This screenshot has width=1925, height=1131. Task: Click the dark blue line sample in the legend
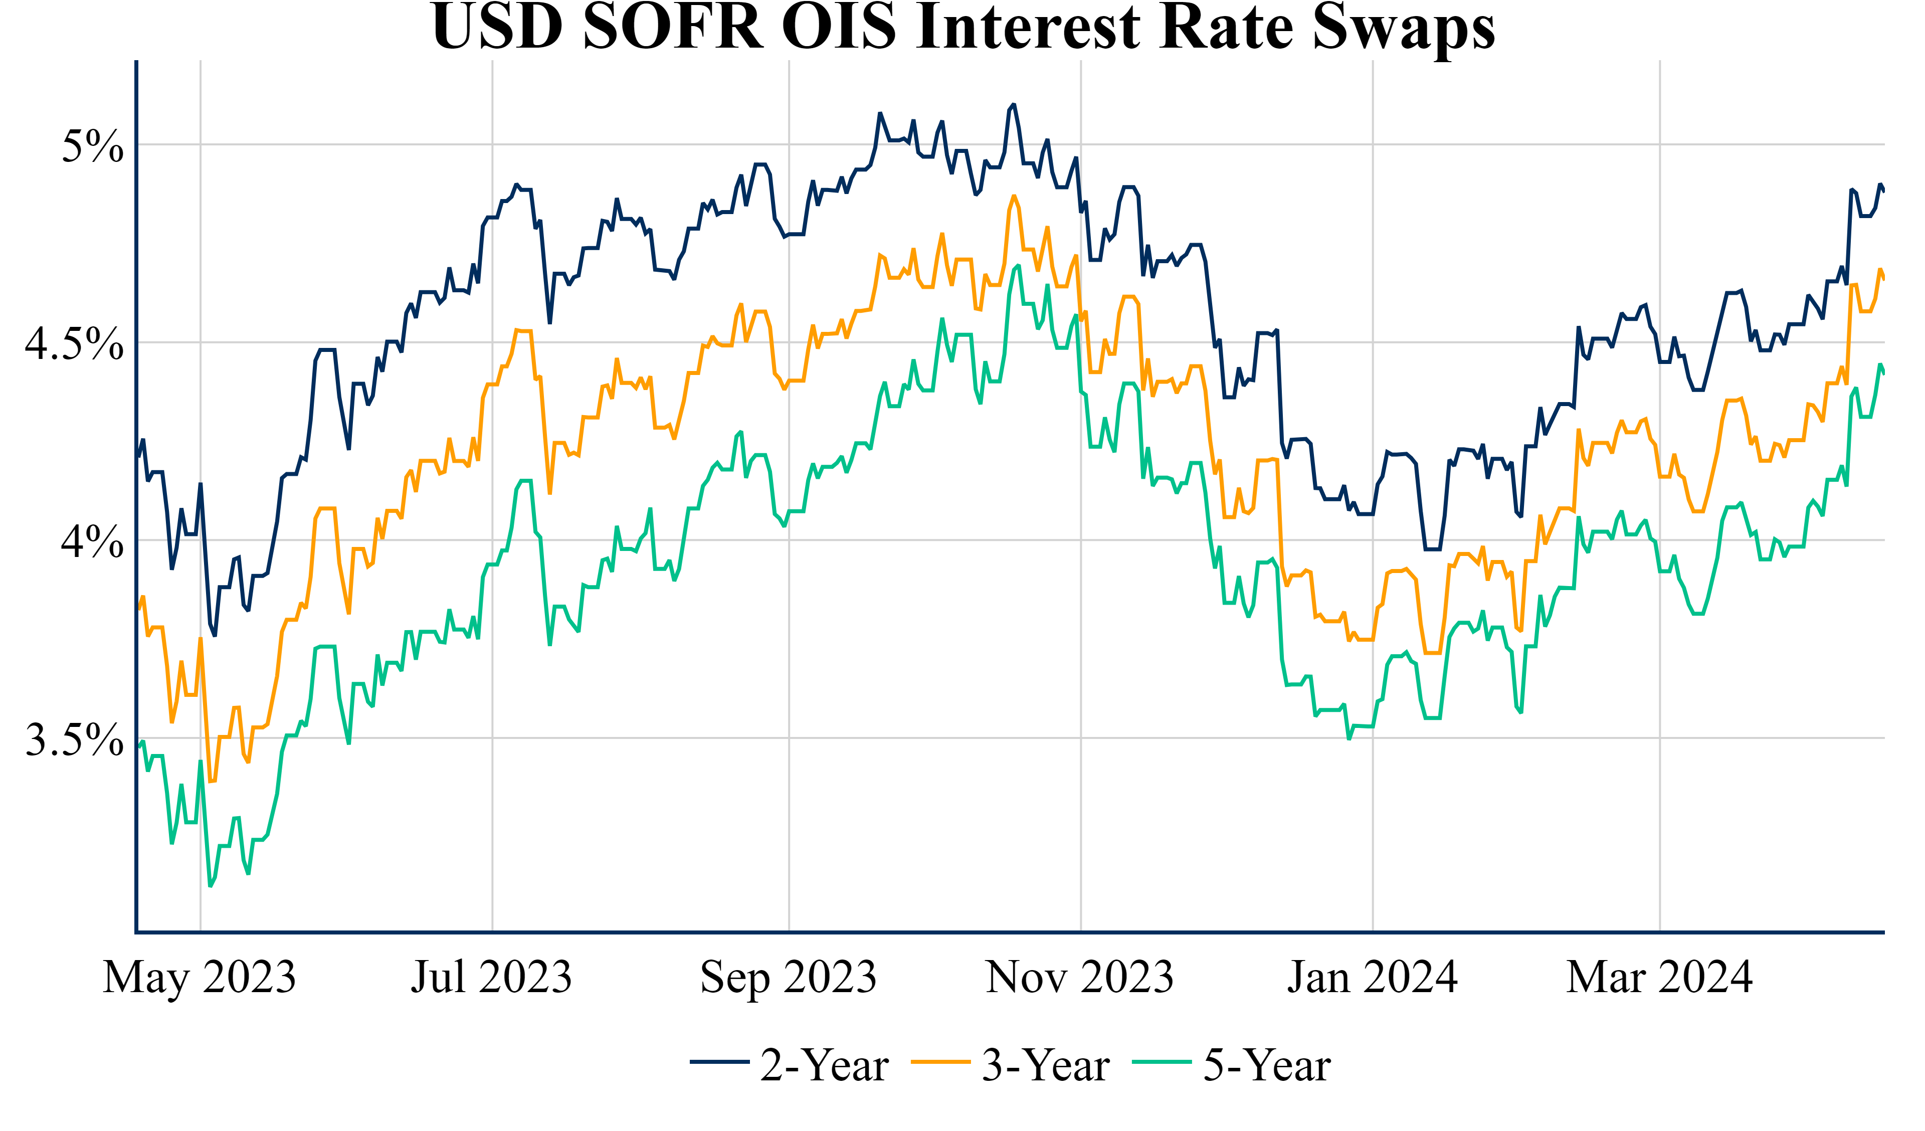[x=719, y=1062]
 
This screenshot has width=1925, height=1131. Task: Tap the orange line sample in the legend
[x=940, y=1062]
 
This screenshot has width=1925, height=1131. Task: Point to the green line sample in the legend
[x=1162, y=1062]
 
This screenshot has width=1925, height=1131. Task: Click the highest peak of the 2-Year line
[x=1014, y=105]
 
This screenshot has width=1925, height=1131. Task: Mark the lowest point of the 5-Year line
[x=211, y=886]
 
